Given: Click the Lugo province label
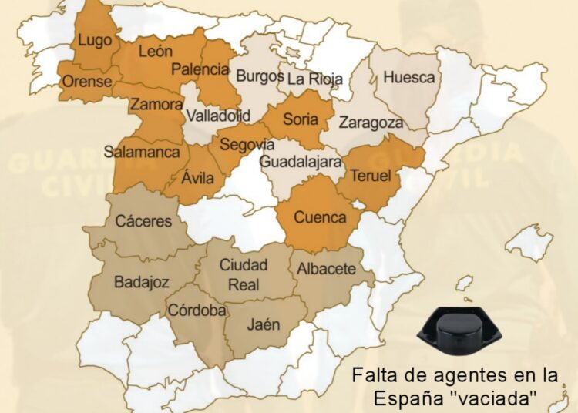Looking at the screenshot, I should click(96, 41).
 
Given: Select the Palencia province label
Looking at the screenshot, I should click(200, 69).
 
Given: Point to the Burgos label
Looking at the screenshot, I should click(259, 76).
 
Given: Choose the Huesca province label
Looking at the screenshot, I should click(408, 78).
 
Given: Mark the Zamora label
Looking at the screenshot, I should click(156, 104).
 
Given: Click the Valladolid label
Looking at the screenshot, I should click(218, 116).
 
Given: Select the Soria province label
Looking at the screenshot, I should click(300, 119).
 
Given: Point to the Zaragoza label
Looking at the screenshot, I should click(371, 123).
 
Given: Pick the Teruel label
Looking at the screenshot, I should click(371, 176).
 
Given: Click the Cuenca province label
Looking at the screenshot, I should click(320, 217).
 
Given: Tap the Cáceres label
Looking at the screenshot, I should click(143, 221).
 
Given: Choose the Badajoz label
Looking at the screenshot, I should click(141, 282).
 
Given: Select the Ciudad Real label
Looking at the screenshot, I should click(244, 275).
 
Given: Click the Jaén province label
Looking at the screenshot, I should click(264, 324).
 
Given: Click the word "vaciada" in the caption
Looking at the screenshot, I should click(511, 398).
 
